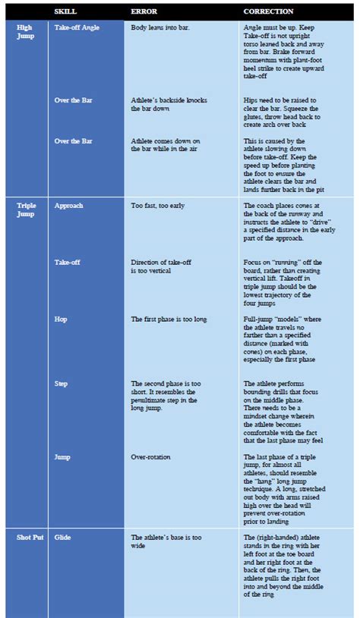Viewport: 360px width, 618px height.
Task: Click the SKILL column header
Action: [x=65, y=11]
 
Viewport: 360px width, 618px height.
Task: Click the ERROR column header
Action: [x=144, y=11]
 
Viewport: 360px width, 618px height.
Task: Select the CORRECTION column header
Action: [x=268, y=11]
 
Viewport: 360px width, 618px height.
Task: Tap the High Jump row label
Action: [x=24, y=30]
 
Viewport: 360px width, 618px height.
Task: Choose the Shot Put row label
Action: [x=28, y=537]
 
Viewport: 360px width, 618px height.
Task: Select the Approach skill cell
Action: [x=69, y=206]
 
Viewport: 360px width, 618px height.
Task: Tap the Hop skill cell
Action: [x=62, y=320]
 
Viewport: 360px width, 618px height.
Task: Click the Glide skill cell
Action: [x=63, y=537]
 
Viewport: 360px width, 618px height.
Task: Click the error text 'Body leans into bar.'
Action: [x=160, y=27]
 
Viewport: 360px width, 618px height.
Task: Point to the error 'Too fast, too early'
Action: [x=157, y=206]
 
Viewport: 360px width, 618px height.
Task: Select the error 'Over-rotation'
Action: [x=150, y=457]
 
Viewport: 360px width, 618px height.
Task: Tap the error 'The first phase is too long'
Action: [x=168, y=320]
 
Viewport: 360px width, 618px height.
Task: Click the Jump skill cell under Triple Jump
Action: [x=63, y=457]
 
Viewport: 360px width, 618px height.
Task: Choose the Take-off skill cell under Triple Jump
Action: [x=68, y=262]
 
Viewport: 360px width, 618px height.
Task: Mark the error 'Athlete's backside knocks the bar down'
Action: [x=169, y=104]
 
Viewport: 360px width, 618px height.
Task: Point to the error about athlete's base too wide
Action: [x=166, y=541]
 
